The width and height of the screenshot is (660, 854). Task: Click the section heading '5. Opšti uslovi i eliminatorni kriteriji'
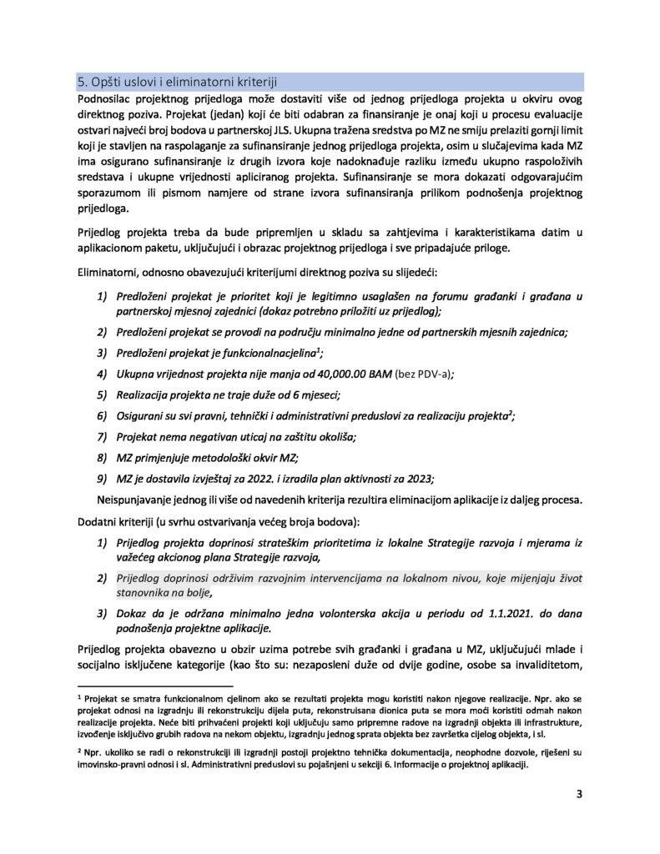tap(178, 81)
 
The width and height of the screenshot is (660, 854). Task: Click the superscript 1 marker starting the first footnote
tap(78, 692)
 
